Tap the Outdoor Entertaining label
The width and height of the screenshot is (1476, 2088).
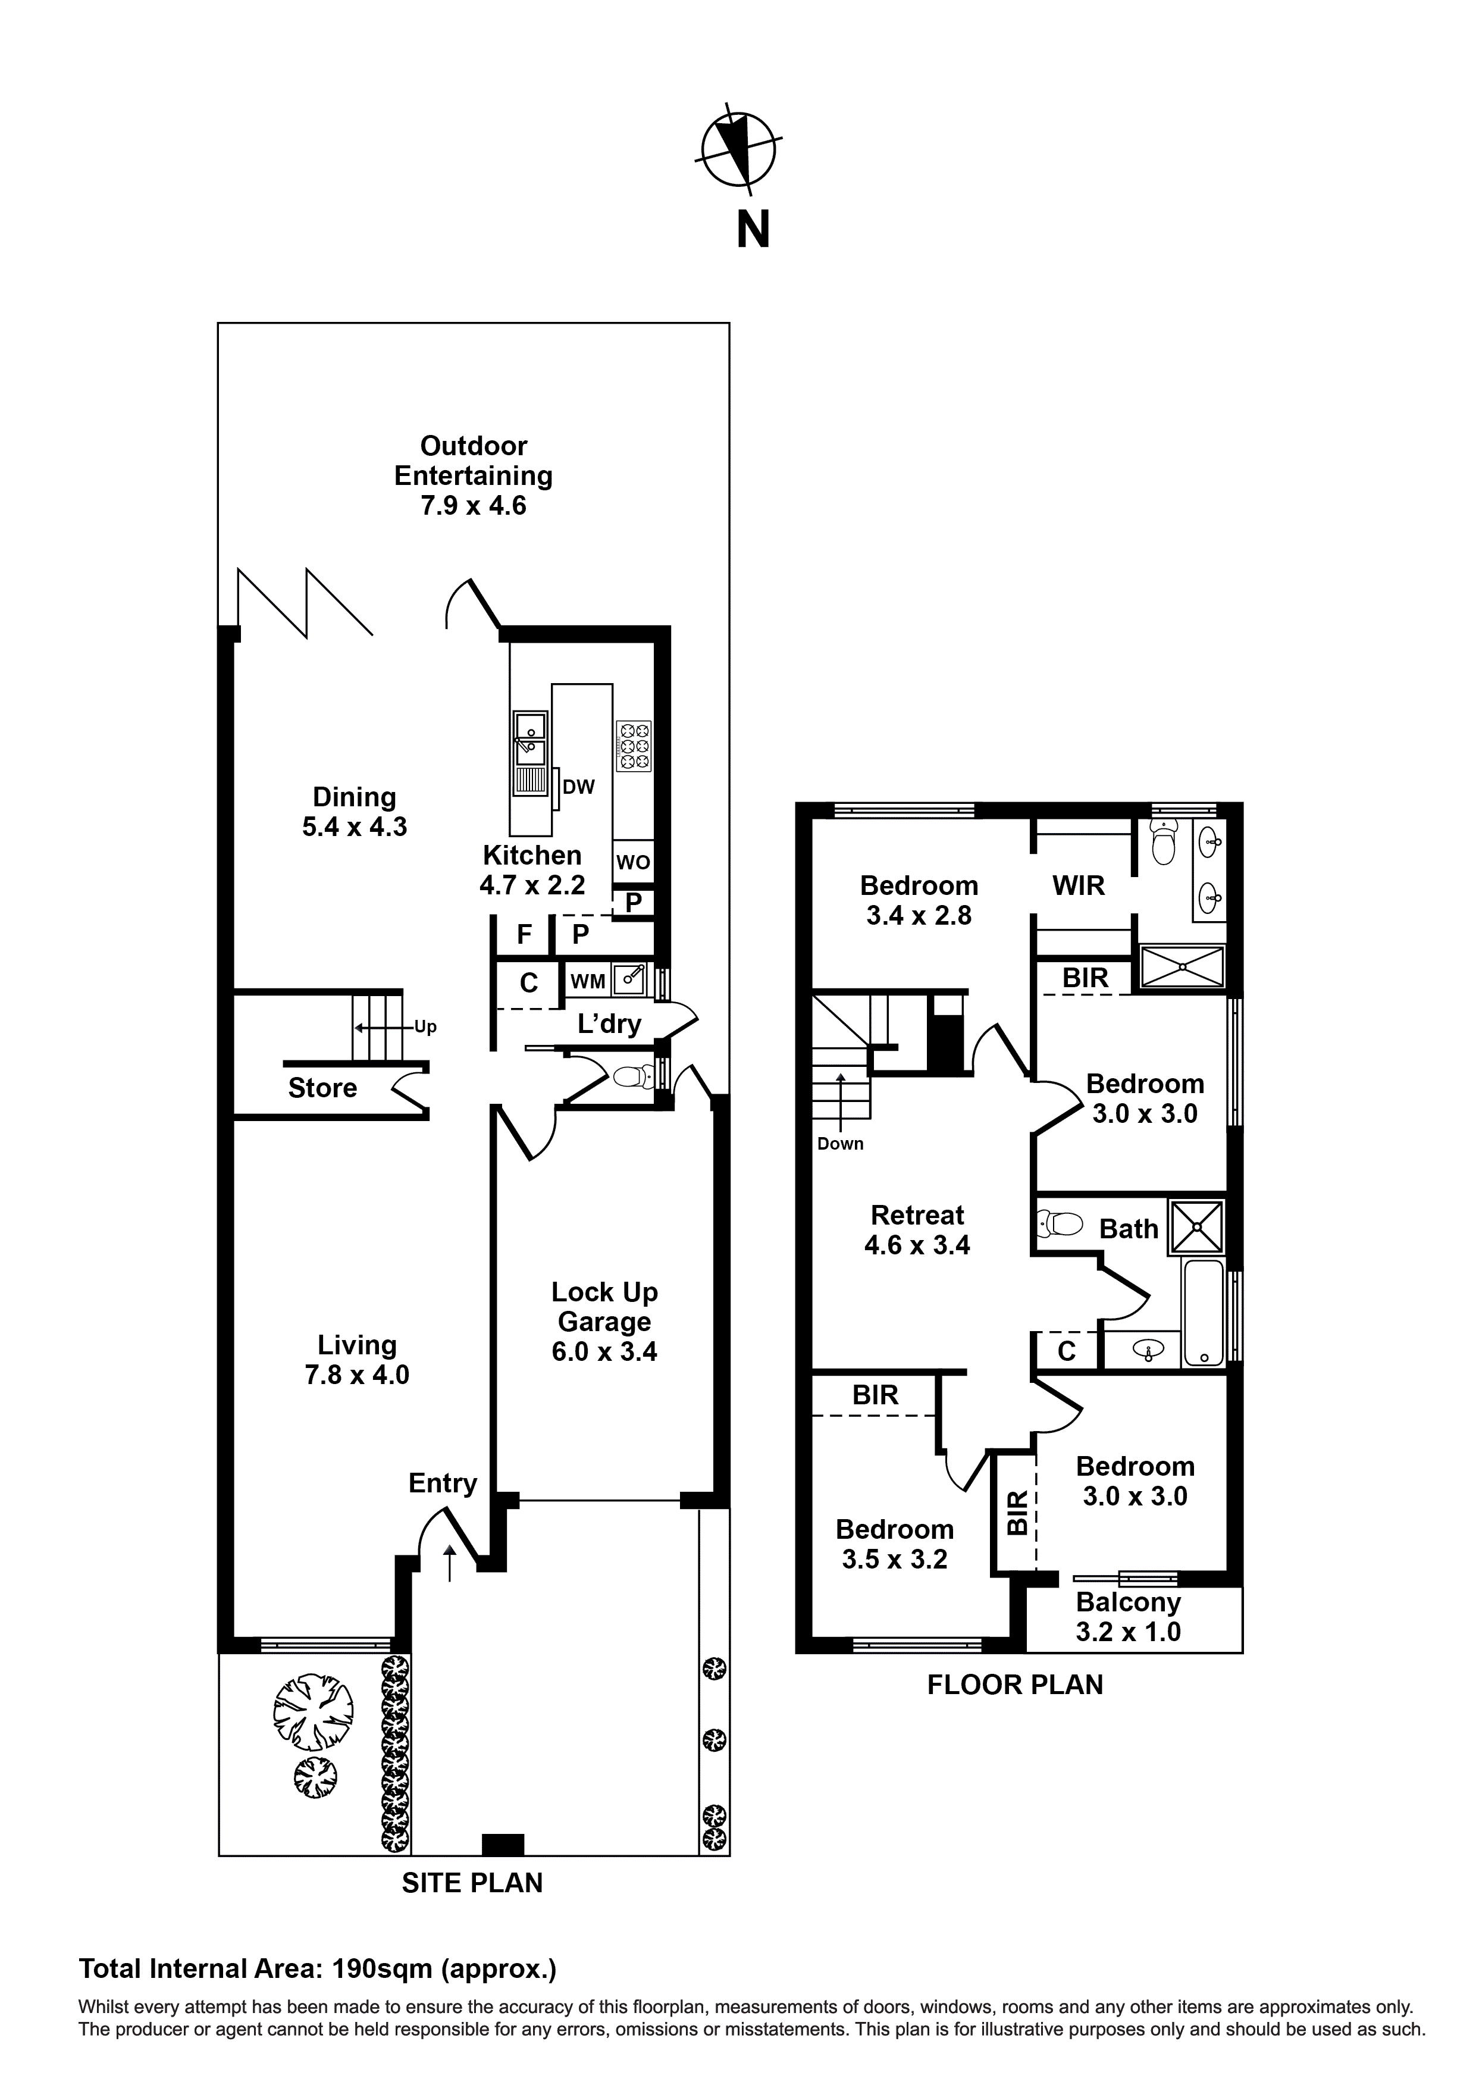click(473, 475)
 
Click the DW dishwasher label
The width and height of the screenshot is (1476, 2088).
click(578, 787)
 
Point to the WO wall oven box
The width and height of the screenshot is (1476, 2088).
click(633, 861)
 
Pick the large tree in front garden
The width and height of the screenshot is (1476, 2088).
click(313, 1711)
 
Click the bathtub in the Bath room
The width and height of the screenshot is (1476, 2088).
click(1204, 1311)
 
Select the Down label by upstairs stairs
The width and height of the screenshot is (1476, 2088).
click(839, 1144)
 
